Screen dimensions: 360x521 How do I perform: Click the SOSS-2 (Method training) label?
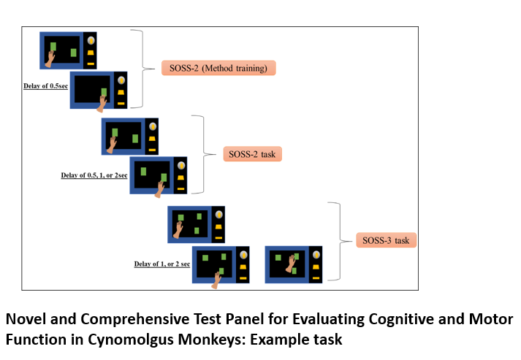(x=218, y=69)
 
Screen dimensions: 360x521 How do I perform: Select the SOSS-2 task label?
(x=253, y=154)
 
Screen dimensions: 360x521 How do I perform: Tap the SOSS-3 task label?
(x=387, y=240)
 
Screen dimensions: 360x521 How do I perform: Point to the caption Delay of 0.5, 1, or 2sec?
(x=94, y=175)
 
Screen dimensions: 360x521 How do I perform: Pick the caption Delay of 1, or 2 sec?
(x=162, y=264)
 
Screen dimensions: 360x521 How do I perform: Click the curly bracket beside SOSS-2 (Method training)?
(x=139, y=69)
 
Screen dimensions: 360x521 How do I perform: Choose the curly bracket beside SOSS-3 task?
(x=337, y=241)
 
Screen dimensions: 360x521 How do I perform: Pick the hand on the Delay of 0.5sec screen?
(x=102, y=103)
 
